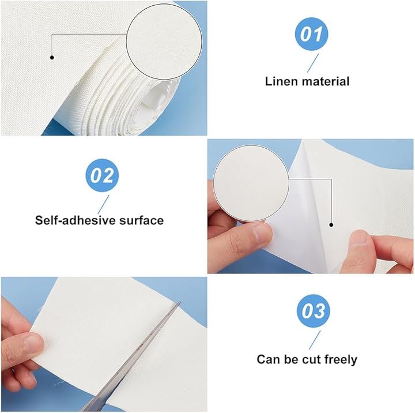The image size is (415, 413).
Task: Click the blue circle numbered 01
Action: (x=311, y=34)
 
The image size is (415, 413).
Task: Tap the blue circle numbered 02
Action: (x=102, y=175)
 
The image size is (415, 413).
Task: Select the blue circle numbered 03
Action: (x=314, y=311)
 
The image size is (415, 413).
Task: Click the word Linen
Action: (x=281, y=81)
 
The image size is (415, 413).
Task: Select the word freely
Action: (x=341, y=360)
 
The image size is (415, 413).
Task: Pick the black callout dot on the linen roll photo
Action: (x=52, y=57)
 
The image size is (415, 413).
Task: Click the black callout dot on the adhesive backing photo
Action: (x=331, y=225)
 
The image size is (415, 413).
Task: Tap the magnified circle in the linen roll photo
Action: (x=164, y=42)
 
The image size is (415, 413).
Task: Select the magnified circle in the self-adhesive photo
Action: (x=251, y=183)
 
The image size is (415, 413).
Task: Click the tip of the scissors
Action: (x=180, y=302)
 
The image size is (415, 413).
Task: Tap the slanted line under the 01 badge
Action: (x=313, y=63)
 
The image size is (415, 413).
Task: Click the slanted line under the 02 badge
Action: (x=103, y=205)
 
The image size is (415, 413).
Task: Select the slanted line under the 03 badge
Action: (x=315, y=340)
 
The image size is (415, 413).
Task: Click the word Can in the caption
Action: (x=269, y=360)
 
